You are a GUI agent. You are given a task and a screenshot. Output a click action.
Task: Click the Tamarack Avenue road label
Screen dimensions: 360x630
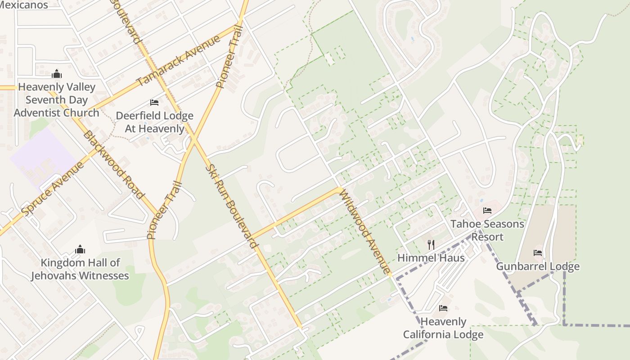(179, 60)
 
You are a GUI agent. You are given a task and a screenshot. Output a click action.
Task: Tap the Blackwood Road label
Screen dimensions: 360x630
(113, 164)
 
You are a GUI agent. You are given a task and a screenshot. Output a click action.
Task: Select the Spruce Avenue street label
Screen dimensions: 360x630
(53, 188)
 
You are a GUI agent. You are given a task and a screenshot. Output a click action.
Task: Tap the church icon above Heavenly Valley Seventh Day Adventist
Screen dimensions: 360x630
(57, 73)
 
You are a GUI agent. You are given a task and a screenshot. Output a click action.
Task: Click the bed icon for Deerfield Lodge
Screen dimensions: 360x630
(154, 103)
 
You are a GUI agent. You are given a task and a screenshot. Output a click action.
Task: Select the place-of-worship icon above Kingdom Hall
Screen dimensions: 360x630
(80, 249)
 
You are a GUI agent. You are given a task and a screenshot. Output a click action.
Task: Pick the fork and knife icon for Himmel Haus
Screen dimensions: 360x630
(431, 244)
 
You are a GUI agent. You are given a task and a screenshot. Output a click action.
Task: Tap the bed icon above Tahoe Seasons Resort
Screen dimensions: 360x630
(487, 210)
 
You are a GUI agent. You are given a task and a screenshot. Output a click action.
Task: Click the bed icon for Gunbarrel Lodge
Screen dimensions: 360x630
(537, 253)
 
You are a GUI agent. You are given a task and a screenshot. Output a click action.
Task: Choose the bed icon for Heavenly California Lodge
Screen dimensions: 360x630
(443, 308)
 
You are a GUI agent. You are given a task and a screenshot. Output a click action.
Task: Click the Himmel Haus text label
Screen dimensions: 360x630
(431, 258)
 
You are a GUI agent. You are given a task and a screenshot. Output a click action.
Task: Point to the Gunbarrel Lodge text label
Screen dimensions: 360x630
(538, 266)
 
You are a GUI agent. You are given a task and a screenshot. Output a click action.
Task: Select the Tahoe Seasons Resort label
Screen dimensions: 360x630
(487, 230)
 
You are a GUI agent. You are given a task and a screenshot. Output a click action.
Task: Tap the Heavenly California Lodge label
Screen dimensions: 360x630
(443, 328)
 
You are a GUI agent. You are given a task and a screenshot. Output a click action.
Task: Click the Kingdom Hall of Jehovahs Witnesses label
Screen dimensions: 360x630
(80, 269)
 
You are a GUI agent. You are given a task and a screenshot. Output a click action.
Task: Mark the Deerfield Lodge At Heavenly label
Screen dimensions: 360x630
(154, 122)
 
